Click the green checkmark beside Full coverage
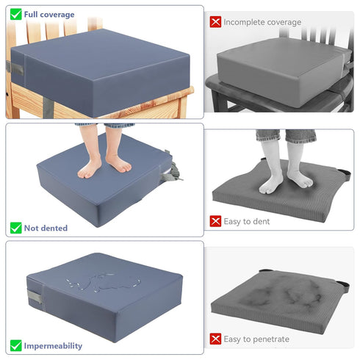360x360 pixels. pos(16,14)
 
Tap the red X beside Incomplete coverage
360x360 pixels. pos(215,22)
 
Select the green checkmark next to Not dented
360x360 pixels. pos(16,228)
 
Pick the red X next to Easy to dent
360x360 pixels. pos(215,221)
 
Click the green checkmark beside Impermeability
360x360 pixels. pos(16,345)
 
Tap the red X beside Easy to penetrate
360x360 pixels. pos(215,339)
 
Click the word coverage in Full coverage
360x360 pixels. pos(57,15)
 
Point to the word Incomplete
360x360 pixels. pos(243,22)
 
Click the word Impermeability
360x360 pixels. pos(53,346)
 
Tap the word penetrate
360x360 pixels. pos(271,339)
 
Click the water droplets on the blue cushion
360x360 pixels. pos(104,282)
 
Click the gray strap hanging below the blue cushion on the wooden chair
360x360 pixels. pos(48,107)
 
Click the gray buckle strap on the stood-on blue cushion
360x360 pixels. pos(171,170)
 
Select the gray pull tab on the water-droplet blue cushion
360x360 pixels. pos(35,297)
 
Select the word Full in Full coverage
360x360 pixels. pos(31,15)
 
